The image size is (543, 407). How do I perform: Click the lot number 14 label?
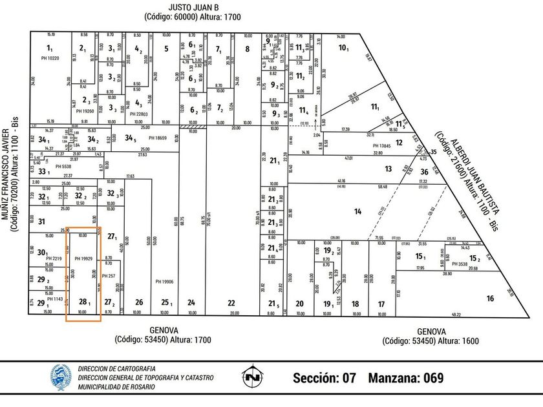coord(357,211)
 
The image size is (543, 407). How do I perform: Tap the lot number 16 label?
coord(490,298)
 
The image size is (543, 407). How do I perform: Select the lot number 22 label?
coord(231,302)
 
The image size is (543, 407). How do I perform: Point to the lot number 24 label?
coord(191,302)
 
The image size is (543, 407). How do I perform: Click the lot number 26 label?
coord(138,302)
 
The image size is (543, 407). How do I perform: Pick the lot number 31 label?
coord(41,222)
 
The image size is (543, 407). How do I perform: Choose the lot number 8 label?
coord(247,48)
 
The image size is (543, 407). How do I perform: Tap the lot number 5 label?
coord(166,48)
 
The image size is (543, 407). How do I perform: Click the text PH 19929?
coord(84,258)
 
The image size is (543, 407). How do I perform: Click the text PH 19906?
coord(165,282)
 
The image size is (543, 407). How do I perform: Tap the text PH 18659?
coord(158,138)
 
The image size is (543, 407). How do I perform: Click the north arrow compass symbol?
coord(251,377)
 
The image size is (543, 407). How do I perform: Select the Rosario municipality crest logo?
coord(61,377)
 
